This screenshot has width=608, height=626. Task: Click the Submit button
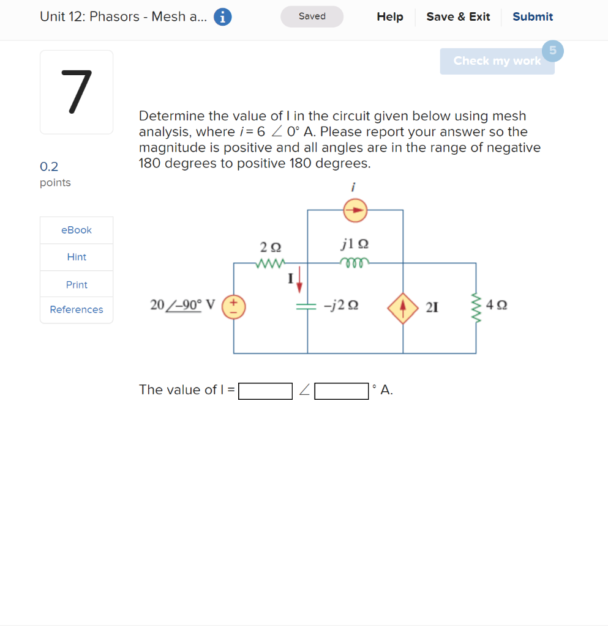(532, 17)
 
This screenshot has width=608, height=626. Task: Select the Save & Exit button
(458, 17)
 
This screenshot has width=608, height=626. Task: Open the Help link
(390, 17)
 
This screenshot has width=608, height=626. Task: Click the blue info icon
(223, 17)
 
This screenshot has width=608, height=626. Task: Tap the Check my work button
(497, 61)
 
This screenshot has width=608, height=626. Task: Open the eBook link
(77, 230)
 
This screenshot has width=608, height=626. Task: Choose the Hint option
(77, 257)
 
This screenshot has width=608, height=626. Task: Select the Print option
(77, 285)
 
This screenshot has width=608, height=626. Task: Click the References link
(77, 309)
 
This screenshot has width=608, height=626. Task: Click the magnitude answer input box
(265, 391)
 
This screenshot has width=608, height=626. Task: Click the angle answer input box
(342, 391)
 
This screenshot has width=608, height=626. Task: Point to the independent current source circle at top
(355, 211)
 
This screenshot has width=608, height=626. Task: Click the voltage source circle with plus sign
(233, 307)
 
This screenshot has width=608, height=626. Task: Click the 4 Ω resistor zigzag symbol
(476, 306)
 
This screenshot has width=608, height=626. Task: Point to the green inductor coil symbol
(354, 263)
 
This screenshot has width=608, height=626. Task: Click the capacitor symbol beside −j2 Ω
(307, 307)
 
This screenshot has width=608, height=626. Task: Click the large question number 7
(77, 92)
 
